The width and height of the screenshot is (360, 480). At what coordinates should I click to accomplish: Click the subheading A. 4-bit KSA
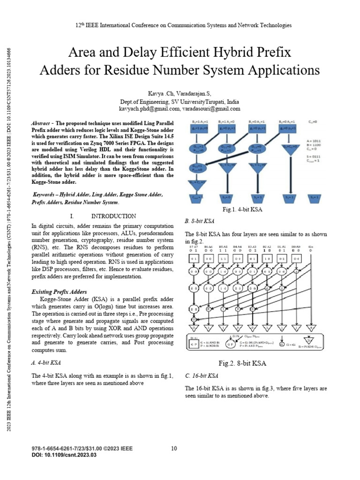[46, 362]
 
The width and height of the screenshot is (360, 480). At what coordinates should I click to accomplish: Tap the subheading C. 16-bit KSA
[202, 375]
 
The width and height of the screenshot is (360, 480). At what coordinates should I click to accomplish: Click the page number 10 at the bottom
[174, 449]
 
